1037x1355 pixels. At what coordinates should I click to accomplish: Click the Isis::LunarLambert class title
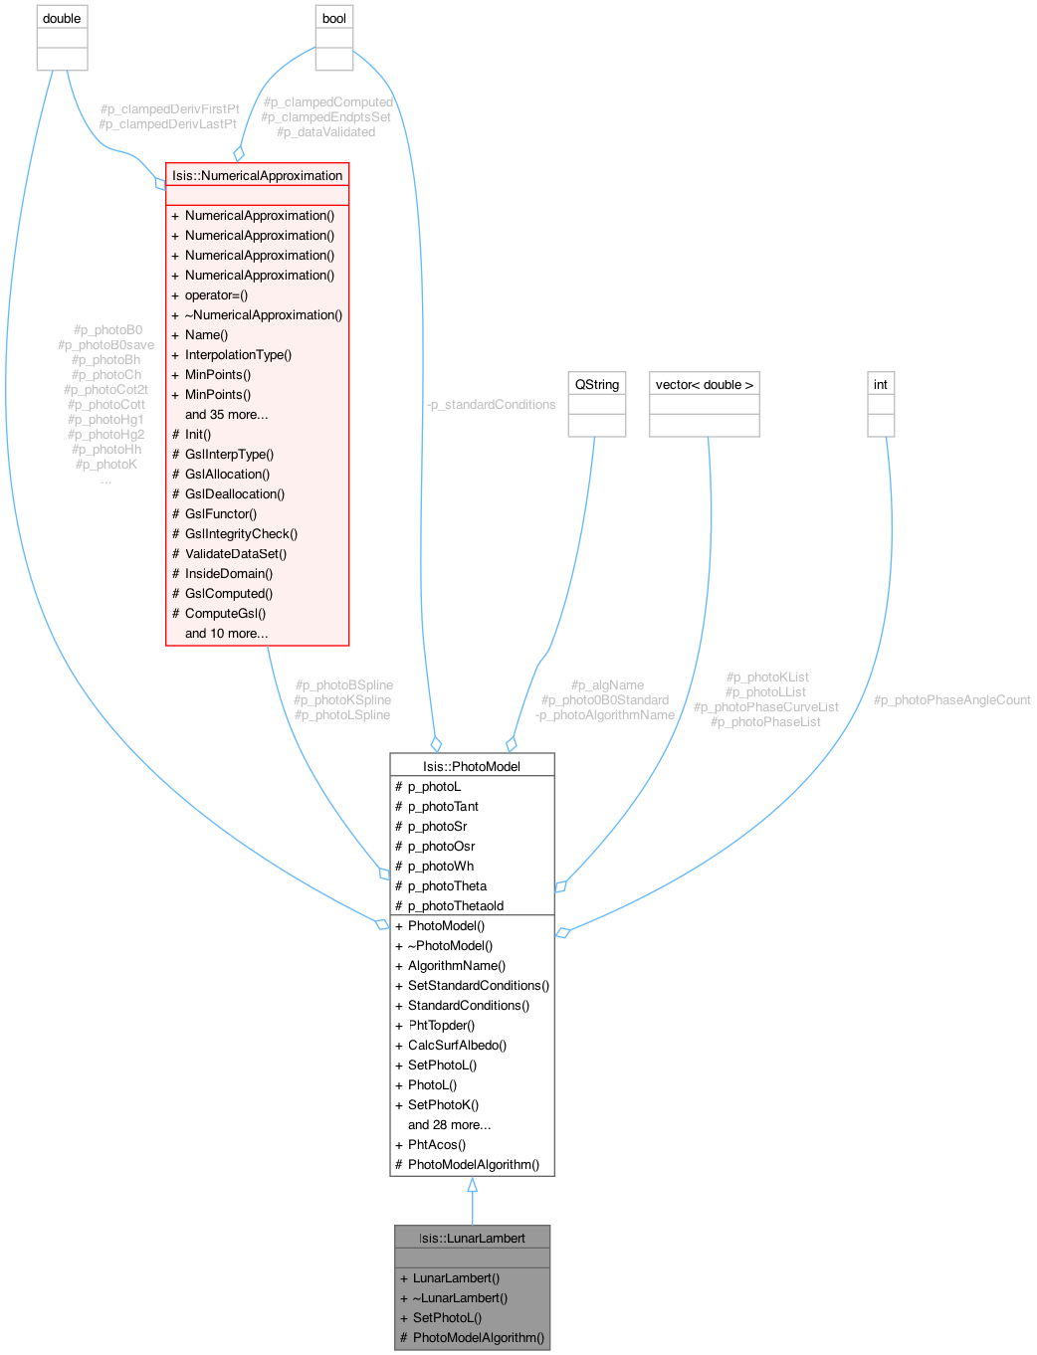[x=472, y=1238]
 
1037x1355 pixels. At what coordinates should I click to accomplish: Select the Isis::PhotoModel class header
[x=472, y=766]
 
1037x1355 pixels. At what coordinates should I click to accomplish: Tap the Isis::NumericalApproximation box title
[x=257, y=175]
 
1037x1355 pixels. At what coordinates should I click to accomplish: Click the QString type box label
[x=597, y=384]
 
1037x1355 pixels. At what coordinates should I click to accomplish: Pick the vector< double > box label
[x=705, y=384]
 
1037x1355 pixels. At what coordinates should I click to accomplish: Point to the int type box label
[x=881, y=384]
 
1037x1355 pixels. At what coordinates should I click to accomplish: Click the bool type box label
[x=334, y=18]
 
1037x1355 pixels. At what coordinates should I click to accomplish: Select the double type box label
[x=62, y=18]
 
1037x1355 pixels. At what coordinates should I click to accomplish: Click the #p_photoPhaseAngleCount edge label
[x=951, y=700]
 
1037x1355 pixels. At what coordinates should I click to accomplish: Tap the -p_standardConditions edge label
[x=491, y=404]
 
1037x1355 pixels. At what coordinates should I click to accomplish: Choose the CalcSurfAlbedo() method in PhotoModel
[x=457, y=1045]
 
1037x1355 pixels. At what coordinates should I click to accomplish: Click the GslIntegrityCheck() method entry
[x=241, y=533]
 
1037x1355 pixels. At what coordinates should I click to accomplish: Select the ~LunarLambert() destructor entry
[x=460, y=1297]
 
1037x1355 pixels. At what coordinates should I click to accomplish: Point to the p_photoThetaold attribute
[x=455, y=905]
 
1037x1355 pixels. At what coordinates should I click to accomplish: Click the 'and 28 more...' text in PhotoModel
[x=449, y=1124]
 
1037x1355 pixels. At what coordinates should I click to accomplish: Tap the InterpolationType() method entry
[x=238, y=354]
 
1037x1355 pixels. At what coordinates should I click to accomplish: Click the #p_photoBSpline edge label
[x=343, y=684]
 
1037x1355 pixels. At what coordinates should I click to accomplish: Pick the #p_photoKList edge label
[x=767, y=677]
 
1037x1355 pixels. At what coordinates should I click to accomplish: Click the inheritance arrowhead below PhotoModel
[x=473, y=1186]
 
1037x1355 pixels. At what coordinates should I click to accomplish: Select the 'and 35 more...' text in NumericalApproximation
[x=226, y=414]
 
